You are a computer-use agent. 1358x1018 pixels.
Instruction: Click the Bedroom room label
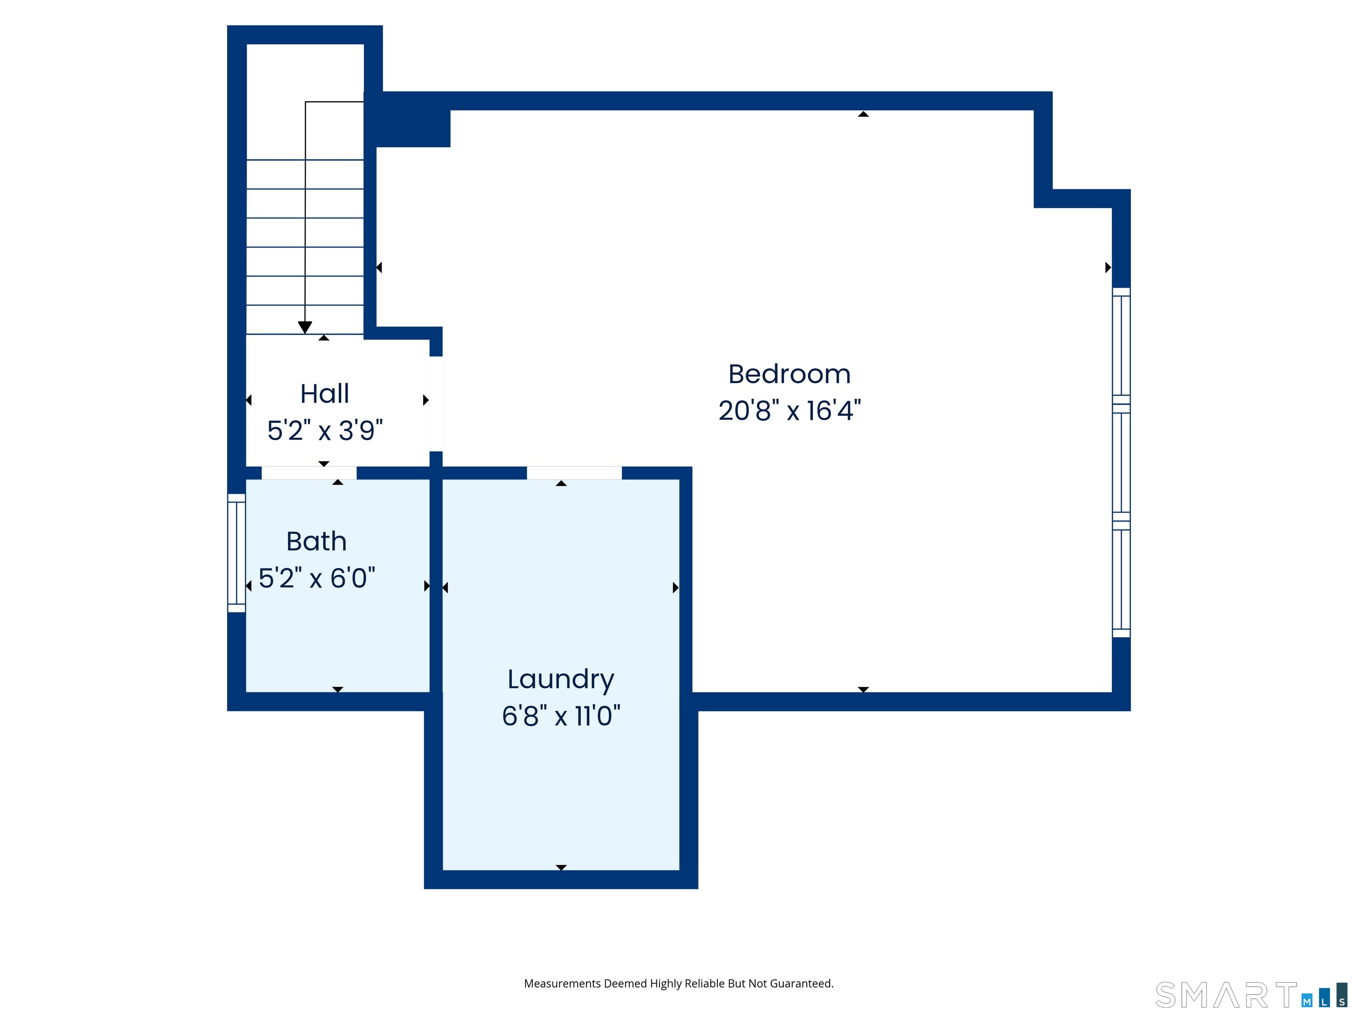pos(790,374)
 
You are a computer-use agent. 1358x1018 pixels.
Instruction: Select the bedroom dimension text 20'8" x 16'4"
pos(790,410)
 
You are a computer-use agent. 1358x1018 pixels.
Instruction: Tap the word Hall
pos(325,393)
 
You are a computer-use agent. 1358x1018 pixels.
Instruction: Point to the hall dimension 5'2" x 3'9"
pos(325,430)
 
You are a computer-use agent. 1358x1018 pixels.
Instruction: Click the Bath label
pos(317,541)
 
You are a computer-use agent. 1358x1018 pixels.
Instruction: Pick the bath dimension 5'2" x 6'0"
pos(317,578)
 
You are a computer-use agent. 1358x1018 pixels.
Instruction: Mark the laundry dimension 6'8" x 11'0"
pos(561,715)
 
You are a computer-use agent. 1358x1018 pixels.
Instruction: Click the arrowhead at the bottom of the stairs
pos(305,328)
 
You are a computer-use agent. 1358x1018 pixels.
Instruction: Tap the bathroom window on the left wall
pos(237,553)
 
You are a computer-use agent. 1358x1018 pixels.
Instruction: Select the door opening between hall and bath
pos(309,472)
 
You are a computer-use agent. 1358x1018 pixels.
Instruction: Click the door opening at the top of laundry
pos(575,472)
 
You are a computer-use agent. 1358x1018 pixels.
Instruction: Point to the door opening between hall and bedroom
pos(436,404)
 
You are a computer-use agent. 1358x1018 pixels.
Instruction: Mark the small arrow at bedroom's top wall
pos(863,114)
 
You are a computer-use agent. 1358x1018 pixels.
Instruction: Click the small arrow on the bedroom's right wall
pos(1108,268)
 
